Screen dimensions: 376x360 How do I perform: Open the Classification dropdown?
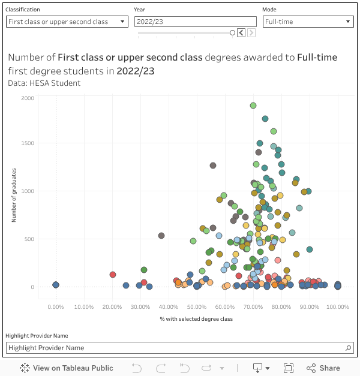click(67, 22)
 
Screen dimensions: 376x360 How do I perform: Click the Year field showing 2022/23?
click(195, 22)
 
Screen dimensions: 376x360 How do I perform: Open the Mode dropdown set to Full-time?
click(308, 22)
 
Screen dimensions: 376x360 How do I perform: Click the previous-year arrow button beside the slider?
click(241, 33)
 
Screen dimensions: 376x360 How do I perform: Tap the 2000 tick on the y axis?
click(28, 98)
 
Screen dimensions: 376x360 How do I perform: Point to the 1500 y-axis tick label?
click(28, 143)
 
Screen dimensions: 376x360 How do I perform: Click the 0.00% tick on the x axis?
click(56, 306)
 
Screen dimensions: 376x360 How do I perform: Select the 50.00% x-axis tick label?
click(197, 306)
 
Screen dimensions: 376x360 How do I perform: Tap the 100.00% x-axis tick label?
click(338, 306)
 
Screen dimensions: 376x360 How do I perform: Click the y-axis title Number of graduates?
click(14, 195)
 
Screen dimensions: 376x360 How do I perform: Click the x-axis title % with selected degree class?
click(196, 319)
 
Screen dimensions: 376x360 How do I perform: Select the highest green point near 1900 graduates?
click(253, 106)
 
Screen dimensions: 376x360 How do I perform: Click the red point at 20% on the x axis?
click(112, 275)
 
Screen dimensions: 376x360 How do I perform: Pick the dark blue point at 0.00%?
click(56, 285)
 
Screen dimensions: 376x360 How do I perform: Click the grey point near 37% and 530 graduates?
click(161, 236)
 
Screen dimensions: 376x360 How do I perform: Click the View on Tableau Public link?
click(67, 368)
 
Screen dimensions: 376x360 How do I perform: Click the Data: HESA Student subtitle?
click(44, 83)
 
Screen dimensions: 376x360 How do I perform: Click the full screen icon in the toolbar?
click(288, 368)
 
